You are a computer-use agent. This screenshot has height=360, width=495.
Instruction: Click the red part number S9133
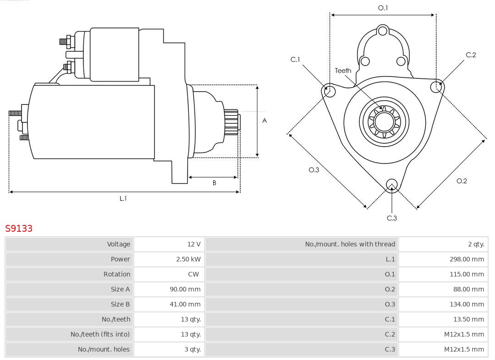tap(19, 228)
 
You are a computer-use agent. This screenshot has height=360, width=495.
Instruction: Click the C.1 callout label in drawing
tap(295, 60)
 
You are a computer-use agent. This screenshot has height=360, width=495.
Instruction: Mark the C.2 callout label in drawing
tap(471, 55)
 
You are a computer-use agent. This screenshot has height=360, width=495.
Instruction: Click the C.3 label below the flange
tap(392, 218)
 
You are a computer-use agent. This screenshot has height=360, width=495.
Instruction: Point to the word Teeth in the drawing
tap(343, 71)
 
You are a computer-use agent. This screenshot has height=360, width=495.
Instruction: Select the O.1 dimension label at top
tap(383, 8)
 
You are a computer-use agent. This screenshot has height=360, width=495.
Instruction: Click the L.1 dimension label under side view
tap(123, 198)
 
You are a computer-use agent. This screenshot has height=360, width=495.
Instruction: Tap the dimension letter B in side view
tap(214, 183)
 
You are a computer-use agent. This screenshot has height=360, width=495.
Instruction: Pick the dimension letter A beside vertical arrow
tap(264, 121)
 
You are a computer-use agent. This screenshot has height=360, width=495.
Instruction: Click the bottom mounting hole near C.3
tap(391, 185)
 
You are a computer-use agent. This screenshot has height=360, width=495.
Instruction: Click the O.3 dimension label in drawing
tap(313, 170)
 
